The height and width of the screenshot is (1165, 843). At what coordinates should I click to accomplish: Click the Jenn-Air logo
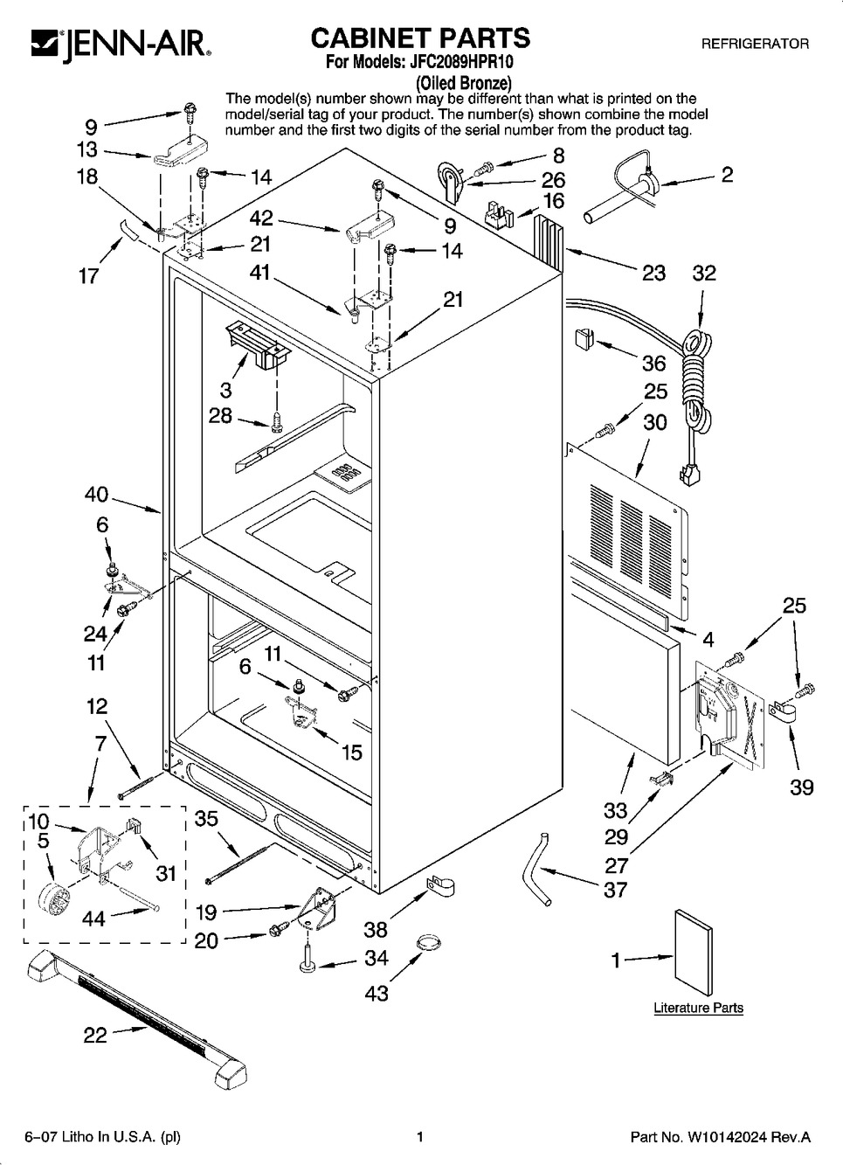point(121,45)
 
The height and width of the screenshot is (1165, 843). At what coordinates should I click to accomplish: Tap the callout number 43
point(377,994)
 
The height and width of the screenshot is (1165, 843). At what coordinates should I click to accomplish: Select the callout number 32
point(704,273)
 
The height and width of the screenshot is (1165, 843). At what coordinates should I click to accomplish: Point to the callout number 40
point(97,494)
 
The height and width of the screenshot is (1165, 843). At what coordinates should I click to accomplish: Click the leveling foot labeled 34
point(307,960)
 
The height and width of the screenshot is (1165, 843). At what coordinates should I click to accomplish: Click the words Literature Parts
point(698,1008)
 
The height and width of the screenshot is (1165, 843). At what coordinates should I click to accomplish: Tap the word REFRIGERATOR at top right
point(755,44)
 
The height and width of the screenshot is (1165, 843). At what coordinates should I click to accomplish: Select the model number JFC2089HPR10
point(461,62)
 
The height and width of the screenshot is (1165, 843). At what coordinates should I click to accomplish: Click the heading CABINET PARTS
point(420,38)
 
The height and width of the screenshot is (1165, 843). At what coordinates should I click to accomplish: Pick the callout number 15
point(351,752)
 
